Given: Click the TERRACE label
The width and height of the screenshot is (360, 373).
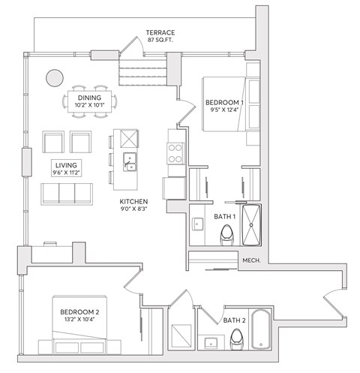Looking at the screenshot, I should [160, 32].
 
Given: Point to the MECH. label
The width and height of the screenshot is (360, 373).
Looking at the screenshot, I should [251, 260].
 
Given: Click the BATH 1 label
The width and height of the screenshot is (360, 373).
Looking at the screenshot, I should [224, 217].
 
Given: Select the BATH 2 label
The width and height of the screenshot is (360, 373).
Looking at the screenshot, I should [235, 320].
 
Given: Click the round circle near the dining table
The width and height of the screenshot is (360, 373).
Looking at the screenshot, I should [54, 77].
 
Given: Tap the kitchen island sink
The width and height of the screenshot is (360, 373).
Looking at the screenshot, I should [130, 163].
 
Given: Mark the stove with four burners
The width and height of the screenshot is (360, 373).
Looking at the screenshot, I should [175, 153].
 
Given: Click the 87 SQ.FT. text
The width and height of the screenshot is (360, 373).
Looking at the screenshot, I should [160, 41].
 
